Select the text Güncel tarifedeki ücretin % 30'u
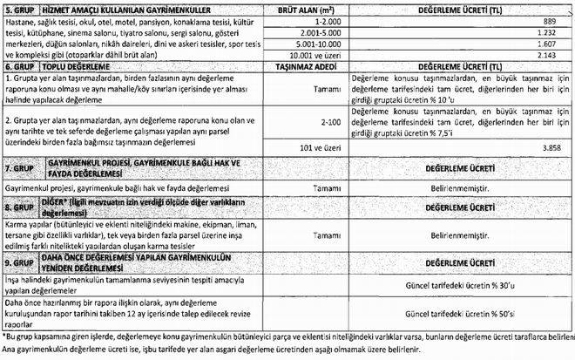point(460,284)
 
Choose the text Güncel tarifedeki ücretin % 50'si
point(460,312)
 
